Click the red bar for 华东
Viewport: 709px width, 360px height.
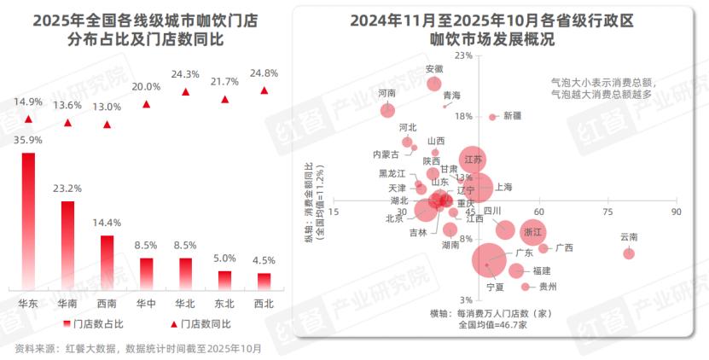click(28, 221)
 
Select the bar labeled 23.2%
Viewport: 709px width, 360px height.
click(67, 245)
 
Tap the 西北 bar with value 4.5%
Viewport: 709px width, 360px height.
click(264, 281)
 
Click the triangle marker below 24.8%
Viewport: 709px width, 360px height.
click(264, 90)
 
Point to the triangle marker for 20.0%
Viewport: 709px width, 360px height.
click(146, 104)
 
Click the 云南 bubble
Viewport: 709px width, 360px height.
click(629, 253)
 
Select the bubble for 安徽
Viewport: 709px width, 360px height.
click(433, 84)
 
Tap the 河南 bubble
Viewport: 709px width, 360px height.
click(387, 110)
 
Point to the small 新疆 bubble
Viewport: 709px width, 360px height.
click(492, 117)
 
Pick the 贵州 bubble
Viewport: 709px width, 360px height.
click(526, 287)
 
